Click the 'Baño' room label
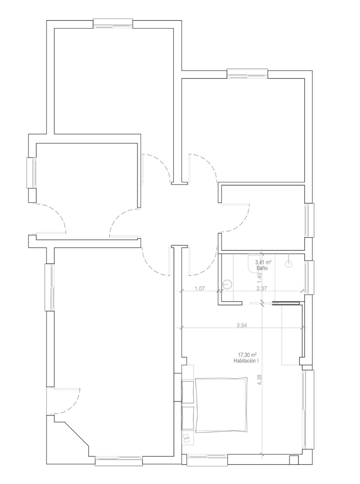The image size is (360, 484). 262,268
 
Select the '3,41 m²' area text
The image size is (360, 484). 263,262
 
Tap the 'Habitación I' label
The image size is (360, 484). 246,361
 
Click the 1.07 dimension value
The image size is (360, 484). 200,288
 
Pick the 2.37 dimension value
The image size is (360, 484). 262,288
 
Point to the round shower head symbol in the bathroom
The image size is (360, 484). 288,264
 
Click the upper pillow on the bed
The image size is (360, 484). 188,392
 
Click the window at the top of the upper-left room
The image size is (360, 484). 113,23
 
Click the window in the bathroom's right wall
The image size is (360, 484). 309,277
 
